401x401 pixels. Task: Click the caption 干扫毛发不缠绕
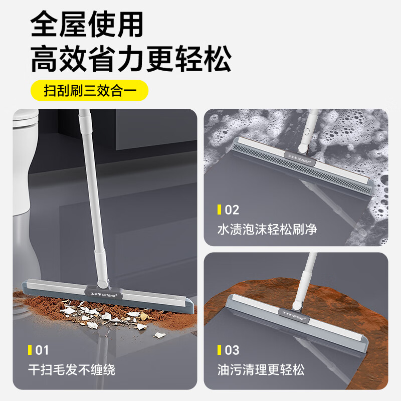(x=72, y=370)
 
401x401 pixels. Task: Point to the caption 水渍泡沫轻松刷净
(x=267, y=230)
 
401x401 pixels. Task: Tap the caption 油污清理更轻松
(x=261, y=370)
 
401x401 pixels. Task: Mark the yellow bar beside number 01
(x=30, y=349)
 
